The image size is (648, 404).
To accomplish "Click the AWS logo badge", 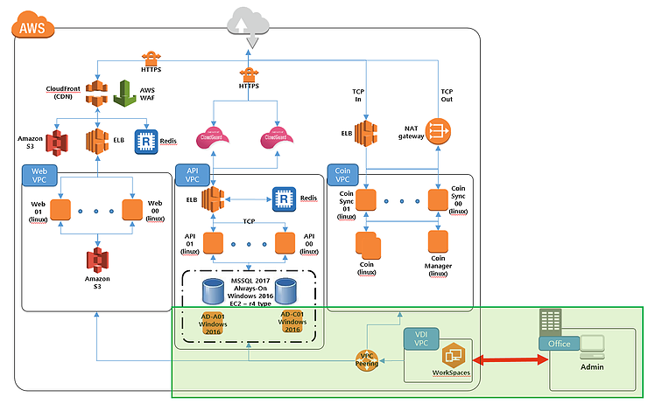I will tap(32, 27).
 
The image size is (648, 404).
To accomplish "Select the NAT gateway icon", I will tap(436, 131).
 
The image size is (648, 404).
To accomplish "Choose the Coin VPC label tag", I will tap(342, 174).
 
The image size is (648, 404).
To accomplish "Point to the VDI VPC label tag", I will tap(419, 339).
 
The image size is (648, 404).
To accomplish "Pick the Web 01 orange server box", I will tap(60, 211).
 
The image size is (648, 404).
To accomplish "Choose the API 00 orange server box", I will tap(285, 241).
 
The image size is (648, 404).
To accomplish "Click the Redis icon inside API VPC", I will tap(282, 199).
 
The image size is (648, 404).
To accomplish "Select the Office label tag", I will tap(559, 344).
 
